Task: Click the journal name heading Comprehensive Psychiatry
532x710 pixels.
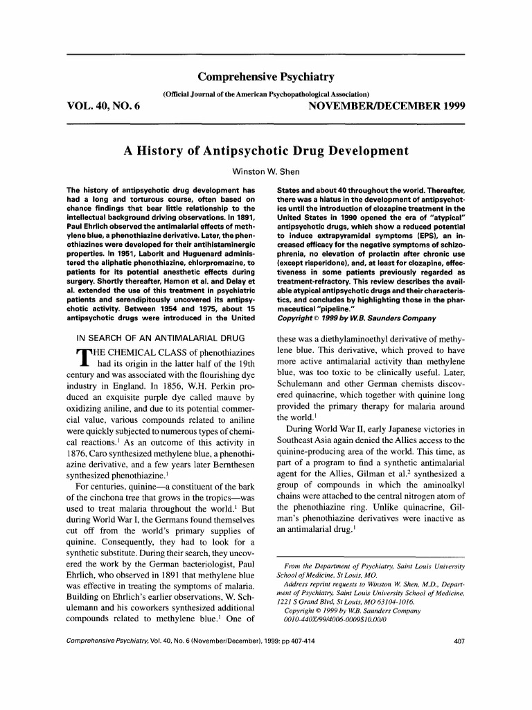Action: point(266,76)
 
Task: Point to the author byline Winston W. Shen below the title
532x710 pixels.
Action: point(266,171)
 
